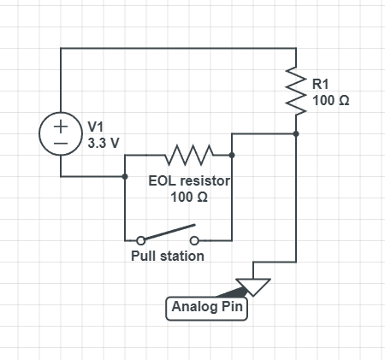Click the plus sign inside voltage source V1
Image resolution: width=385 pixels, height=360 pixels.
(61, 126)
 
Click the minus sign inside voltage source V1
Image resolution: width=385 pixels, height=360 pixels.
(61, 144)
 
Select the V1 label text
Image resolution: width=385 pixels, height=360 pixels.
(96, 127)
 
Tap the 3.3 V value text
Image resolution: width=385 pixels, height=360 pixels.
(104, 143)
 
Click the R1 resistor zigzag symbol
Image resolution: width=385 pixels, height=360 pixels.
(296, 91)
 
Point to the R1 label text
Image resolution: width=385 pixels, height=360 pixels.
(321, 84)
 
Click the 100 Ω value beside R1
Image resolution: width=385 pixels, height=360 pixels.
(331, 100)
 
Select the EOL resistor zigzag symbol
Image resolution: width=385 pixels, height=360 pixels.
(189, 155)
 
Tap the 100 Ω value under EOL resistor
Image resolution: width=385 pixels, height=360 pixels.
(189, 197)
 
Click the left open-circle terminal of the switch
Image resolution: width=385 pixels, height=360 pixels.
(140, 240)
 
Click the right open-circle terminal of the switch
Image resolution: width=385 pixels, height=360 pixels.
(194, 240)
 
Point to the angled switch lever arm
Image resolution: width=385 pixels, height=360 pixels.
(169, 233)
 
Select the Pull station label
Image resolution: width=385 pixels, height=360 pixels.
(168, 256)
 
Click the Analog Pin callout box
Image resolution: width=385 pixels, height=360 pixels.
(206, 309)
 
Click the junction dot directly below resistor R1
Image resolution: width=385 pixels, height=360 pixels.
(296, 133)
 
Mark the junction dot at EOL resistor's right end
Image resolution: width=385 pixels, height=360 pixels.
(232, 155)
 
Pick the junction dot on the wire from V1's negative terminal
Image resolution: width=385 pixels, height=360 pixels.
(125, 176)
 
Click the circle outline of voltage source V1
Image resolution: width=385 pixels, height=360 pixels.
(39, 133)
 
